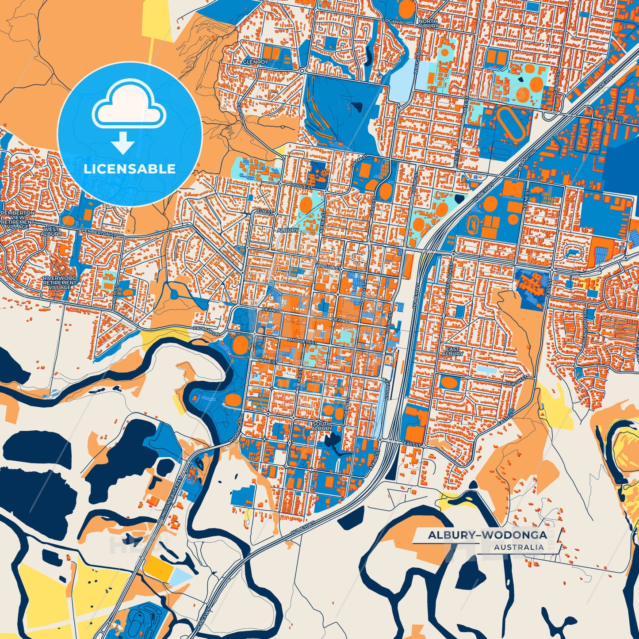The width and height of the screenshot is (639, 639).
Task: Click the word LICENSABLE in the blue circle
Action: pos(130,168)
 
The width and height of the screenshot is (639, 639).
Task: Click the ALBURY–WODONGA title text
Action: pos(487,535)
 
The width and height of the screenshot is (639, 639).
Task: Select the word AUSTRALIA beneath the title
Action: pos(519,547)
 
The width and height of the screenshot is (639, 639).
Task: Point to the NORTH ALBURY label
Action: pos(428,23)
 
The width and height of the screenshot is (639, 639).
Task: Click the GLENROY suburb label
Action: pos(255,62)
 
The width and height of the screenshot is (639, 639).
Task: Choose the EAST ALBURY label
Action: pos(452,351)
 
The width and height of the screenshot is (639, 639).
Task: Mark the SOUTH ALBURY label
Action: pos(321,426)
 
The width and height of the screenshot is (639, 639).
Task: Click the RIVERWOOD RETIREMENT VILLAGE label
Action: pos(59,283)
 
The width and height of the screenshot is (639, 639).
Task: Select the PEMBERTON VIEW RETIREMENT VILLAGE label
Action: pos(18,220)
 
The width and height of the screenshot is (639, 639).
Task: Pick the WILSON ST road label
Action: pos(328,267)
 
